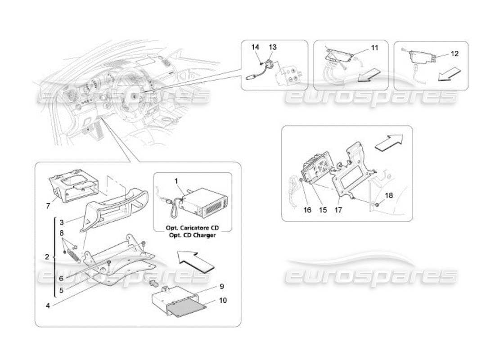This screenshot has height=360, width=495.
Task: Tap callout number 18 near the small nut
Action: [389, 195]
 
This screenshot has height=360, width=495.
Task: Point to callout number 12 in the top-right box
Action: [454, 54]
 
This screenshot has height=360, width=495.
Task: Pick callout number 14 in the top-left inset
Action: [255, 47]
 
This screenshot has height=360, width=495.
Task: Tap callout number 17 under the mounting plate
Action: [338, 210]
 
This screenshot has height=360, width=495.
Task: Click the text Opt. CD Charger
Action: [193, 235]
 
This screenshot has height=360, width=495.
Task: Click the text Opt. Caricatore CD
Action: [193, 228]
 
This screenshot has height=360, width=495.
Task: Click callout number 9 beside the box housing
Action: [221, 286]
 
